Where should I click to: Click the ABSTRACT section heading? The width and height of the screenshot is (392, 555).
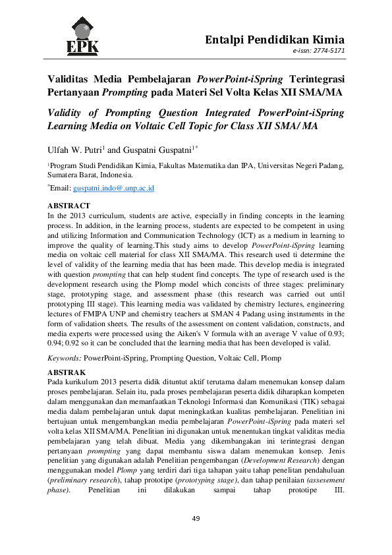pyautogui.click(x=69, y=206)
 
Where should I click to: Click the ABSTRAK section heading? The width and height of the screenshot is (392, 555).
pyautogui.click(x=68, y=372)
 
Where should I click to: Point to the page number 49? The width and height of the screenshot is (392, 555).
pyautogui.click(x=196, y=519)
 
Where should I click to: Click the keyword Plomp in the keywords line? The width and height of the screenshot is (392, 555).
pyautogui.click(x=269, y=358)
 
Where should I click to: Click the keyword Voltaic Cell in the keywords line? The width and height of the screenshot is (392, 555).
pyautogui.click(x=233, y=358)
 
